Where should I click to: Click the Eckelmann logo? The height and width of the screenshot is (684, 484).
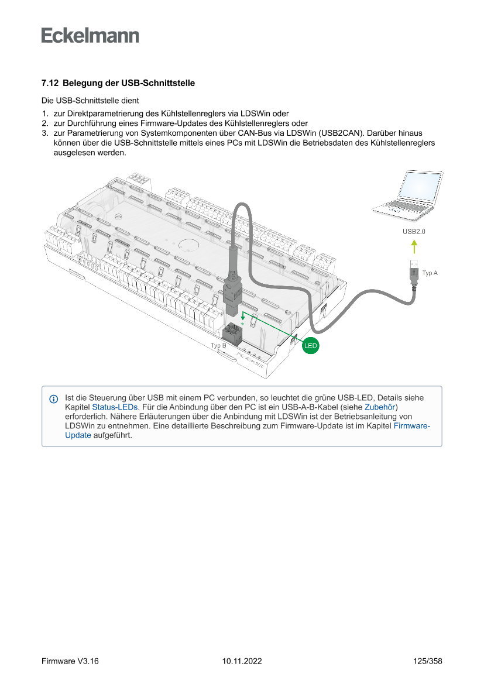click(x=90, y=35)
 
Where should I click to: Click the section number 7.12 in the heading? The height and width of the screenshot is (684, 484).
click(x=49, y=83)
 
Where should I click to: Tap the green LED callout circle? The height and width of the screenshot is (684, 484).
click(x=310, y=346)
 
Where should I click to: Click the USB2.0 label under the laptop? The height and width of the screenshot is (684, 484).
click(x=414, y=232)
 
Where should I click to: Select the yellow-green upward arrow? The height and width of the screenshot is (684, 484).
click(x=414, y=246)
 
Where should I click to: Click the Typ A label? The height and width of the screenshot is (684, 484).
click(x=430, y=273)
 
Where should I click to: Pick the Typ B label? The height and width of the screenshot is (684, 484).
click(x=218, y=346)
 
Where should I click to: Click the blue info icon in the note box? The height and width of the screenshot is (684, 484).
click(x=54, y=399)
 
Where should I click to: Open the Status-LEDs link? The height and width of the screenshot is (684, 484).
click(x=115, y=407)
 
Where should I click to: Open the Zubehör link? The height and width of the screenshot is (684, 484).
click(x=380, y=407)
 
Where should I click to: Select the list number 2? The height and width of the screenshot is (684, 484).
click(x=44, y=123)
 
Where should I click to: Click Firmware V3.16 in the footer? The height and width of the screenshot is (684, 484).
click(x=70, y=661)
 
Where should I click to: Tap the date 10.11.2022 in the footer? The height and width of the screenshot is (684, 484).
click(x=242, y=661)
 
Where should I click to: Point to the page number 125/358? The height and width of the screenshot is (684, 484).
click(x=427, y=661)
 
